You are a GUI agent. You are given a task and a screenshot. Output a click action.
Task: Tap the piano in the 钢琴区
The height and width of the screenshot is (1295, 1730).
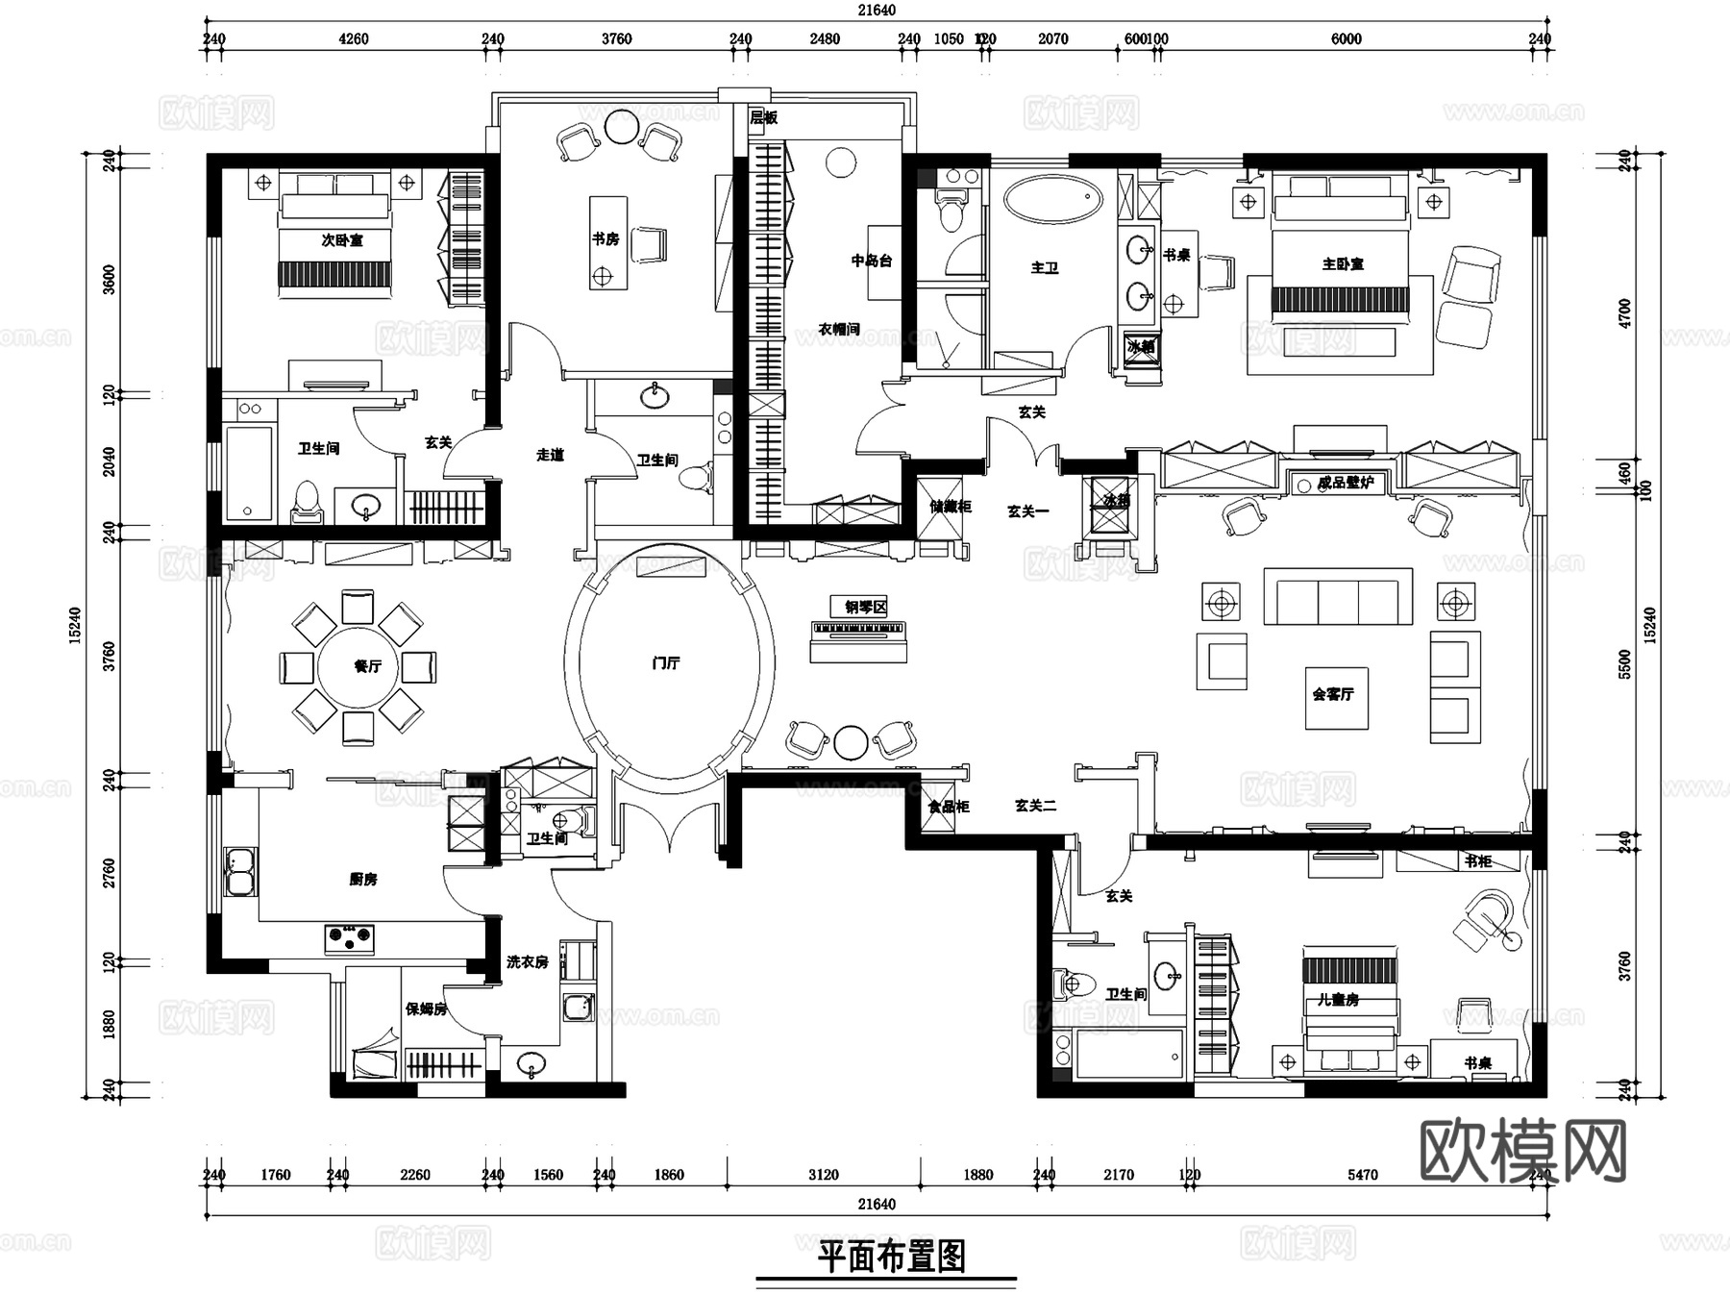[859, 632]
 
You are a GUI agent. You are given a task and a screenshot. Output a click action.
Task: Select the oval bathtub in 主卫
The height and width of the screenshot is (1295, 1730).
[1052, 199]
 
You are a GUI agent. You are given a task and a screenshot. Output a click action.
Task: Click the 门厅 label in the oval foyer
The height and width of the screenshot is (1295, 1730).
[666, 663]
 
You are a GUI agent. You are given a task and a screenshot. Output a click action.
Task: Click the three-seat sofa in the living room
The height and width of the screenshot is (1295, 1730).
[1338, 597]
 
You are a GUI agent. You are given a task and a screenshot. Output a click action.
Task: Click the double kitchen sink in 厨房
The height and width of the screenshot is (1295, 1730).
[240, 871]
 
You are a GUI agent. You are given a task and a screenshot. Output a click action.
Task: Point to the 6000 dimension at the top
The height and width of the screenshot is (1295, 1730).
[1346, 38]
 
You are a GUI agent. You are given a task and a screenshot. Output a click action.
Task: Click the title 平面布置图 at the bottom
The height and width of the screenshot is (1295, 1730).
[891, 1256]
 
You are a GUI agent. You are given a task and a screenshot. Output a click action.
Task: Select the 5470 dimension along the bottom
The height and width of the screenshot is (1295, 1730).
[1362, 1174]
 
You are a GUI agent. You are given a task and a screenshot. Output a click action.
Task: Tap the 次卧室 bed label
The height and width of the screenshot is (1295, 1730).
[342, 239]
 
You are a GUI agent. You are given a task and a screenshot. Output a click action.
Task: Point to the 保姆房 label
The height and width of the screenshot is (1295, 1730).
[426, 1009]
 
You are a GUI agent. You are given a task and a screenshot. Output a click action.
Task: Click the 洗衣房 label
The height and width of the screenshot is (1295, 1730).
[527, 961]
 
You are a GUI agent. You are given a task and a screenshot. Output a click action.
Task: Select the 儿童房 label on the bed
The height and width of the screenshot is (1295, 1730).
[1338, 1000]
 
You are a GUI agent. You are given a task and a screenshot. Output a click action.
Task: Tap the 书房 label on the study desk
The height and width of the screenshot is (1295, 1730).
[605, 238]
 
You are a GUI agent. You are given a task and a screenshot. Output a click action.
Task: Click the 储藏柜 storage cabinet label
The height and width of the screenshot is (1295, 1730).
[949, 506]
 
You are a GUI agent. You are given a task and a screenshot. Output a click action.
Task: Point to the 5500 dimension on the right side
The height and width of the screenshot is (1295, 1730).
[1624, 663]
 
